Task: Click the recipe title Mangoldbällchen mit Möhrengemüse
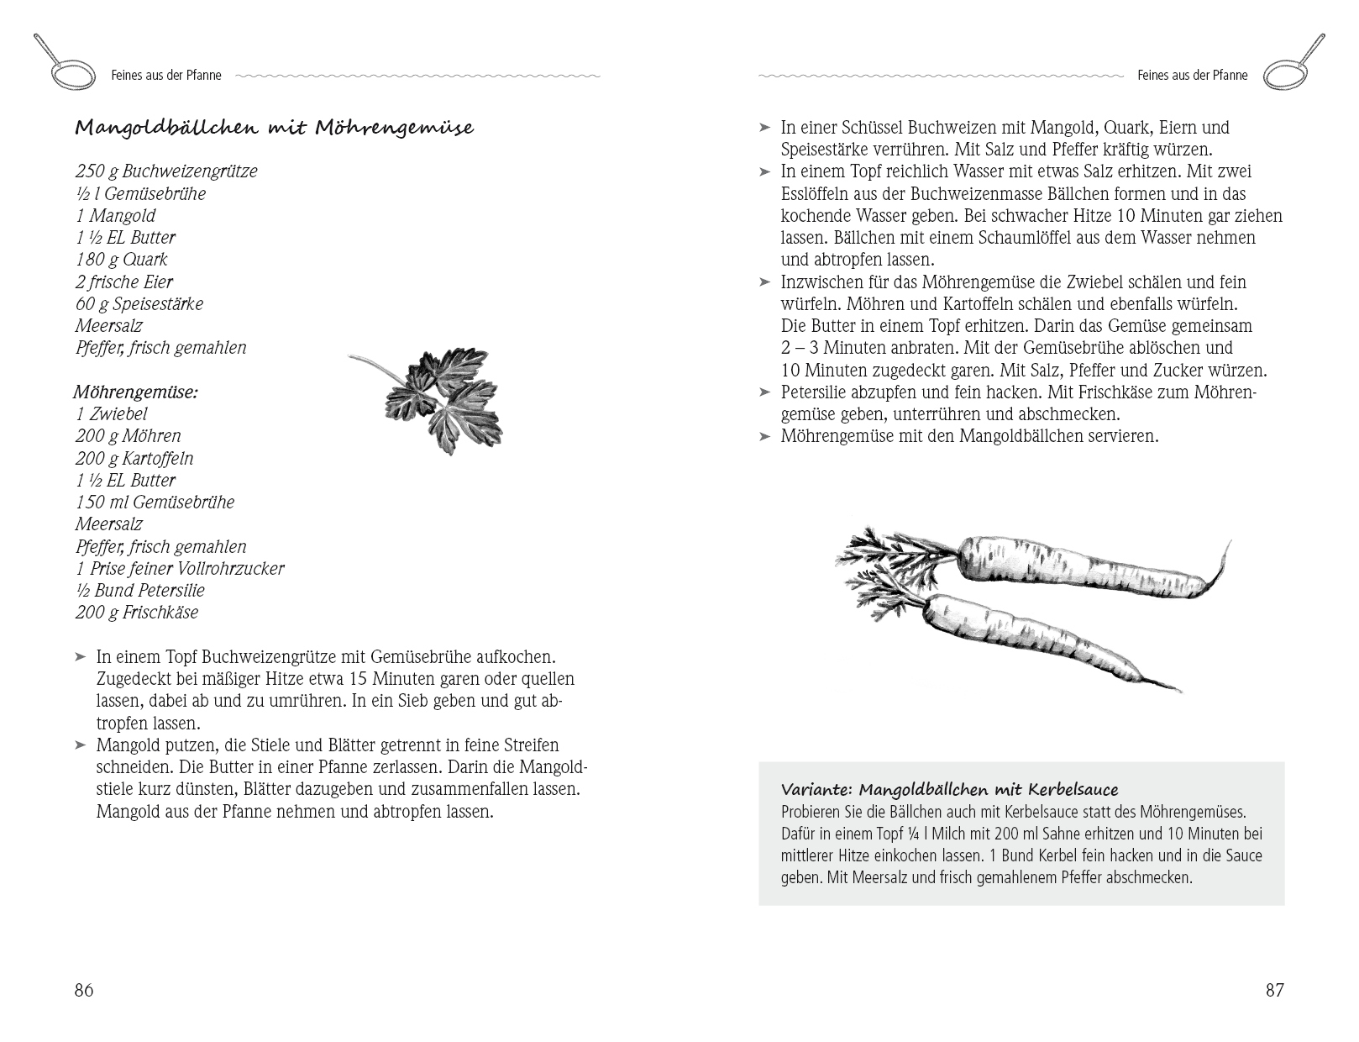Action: pos(274,128)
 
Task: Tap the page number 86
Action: pos(84,990)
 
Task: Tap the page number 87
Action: pos(1274,990)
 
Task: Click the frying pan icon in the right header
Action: pos(1294,65)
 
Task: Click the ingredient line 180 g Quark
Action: pos(122,260)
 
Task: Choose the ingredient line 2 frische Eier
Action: pos(124,282)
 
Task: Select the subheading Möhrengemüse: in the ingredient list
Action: pos(135,392)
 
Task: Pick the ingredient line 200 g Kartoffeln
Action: pos(134,458)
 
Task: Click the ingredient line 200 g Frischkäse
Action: pos(137,612)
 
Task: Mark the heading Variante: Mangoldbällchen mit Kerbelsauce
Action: pos(949,790)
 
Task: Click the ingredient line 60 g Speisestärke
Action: pos(139,303)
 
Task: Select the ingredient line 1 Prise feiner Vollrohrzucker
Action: pos(180,568)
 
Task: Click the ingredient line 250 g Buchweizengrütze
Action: pos(166,171)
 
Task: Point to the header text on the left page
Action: pos(166,76)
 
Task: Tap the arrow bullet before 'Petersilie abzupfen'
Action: pos(764,392)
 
